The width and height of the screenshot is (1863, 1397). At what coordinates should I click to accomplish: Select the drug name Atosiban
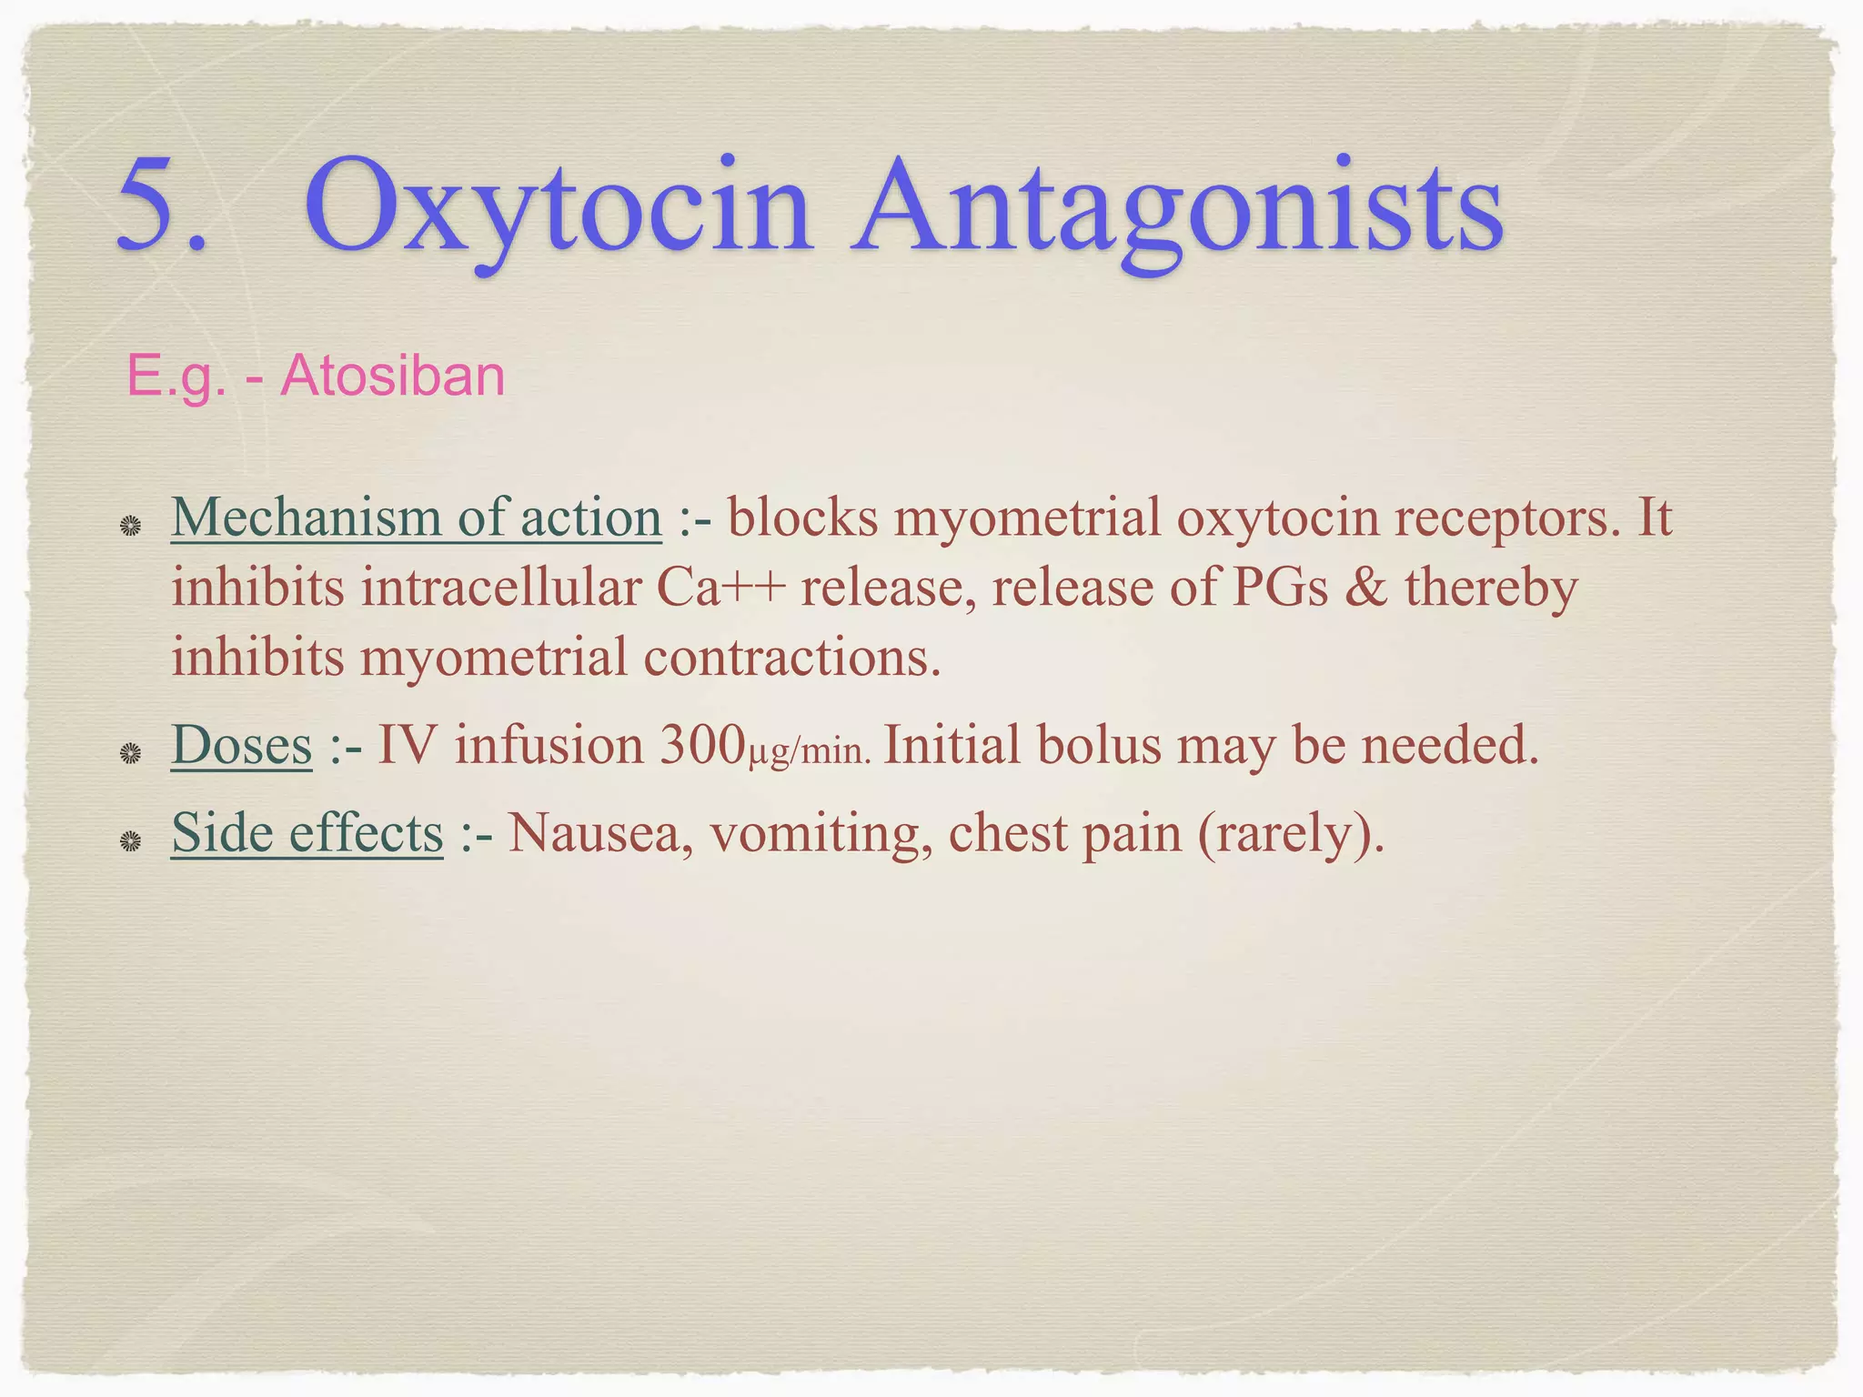[x=392, y=376]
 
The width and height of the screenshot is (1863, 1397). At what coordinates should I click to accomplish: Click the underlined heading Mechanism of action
[x=416, y=518]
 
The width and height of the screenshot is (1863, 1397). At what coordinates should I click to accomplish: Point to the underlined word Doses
[x=241, y=746]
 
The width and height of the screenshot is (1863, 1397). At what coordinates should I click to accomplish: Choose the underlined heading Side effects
[x=307, y=832]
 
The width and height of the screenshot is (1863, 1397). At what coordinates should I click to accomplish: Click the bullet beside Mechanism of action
[x=131, y=526]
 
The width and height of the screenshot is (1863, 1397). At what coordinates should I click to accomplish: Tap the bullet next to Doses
[x=131, y=753]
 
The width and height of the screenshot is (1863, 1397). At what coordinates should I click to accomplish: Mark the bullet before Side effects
[x=131, y=841]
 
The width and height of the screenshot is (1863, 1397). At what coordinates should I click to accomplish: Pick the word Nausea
[x=593, y=832]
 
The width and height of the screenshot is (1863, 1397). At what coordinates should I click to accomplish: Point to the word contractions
[x=791, y=658]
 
